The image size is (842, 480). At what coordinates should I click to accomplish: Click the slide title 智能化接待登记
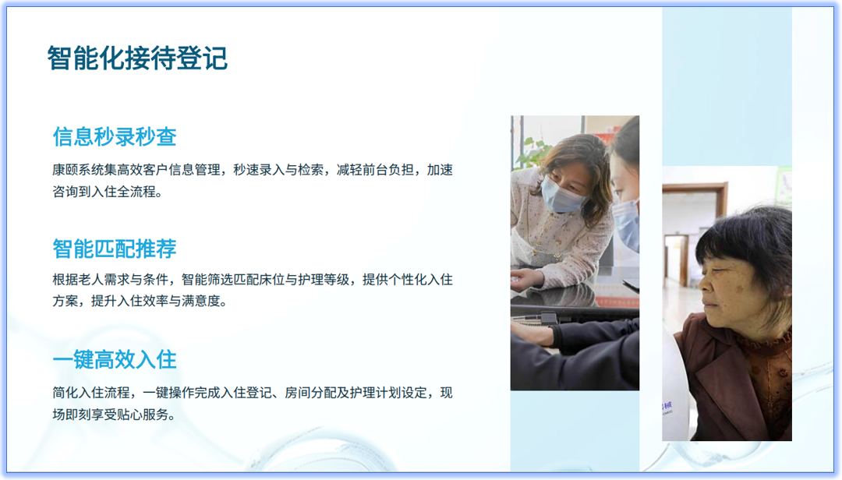(137, 58)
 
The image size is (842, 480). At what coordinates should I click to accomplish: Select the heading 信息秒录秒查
(115, 137)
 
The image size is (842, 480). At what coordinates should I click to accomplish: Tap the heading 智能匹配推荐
(115, 249)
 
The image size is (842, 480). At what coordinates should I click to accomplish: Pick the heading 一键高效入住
(115, 359)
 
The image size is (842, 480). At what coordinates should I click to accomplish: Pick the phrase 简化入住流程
(90, 393)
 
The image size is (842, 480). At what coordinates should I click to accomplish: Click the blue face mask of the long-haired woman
(563, 195)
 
